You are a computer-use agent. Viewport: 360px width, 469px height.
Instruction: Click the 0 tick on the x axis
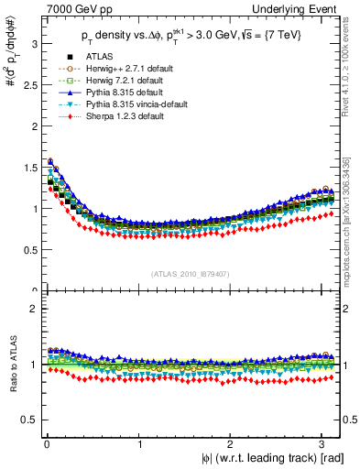pos(46,444)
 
